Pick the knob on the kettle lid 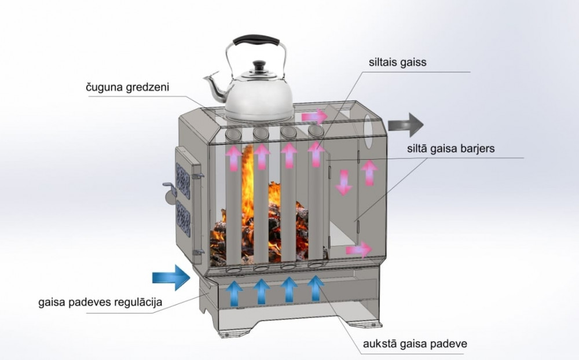[258, 67]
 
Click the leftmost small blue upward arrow [234, 291]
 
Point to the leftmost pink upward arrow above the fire [233, 157]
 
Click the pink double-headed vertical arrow [343, 181]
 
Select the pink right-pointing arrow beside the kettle [314, 117]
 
